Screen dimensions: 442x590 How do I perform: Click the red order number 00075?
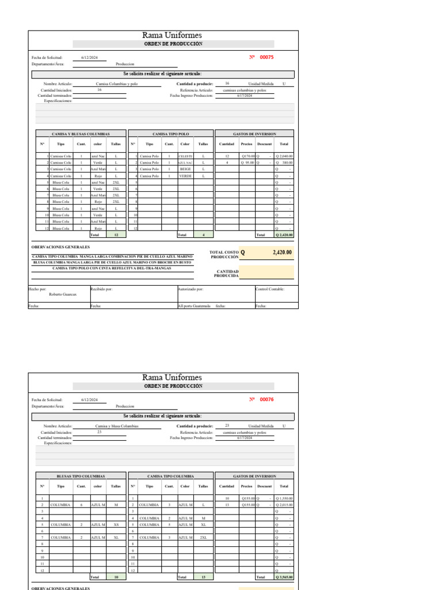pyautogui.click(x=266, y=57)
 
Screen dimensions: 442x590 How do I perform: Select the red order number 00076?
pyautogui.click(x=266, y=399)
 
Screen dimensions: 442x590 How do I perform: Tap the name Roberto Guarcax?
pyautogui.click(x=63, y=294)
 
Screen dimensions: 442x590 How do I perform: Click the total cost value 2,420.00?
pyautogui.click(x=281, y=252)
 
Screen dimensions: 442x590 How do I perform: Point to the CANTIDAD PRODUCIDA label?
pyautogui.click(x=227, y=273)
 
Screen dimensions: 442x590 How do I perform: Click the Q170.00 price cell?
pyautogui.click(x=247, y=156)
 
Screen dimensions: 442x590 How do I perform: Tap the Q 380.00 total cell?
pyautogui.click(x=284, y=162)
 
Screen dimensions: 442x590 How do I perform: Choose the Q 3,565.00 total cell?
pyautogui.click(x=284, y=577)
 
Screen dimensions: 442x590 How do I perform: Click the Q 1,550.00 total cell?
pyautogui.click(x=284, y=498)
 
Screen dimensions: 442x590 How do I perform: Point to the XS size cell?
pyautogui.click(x=116, y=525)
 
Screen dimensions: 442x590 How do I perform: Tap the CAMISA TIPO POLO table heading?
pyautogui.click(x=170, y=134)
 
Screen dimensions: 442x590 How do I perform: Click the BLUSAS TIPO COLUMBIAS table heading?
pyautogui.click(x=81, y=476)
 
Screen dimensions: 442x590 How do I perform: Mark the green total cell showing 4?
pyautogui.click(x=203, y=235)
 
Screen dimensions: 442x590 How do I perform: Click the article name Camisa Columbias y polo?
pyautogui.click(x=117, y=84)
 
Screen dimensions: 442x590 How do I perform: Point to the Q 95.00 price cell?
pyautogui.click(x=247, y=162)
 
